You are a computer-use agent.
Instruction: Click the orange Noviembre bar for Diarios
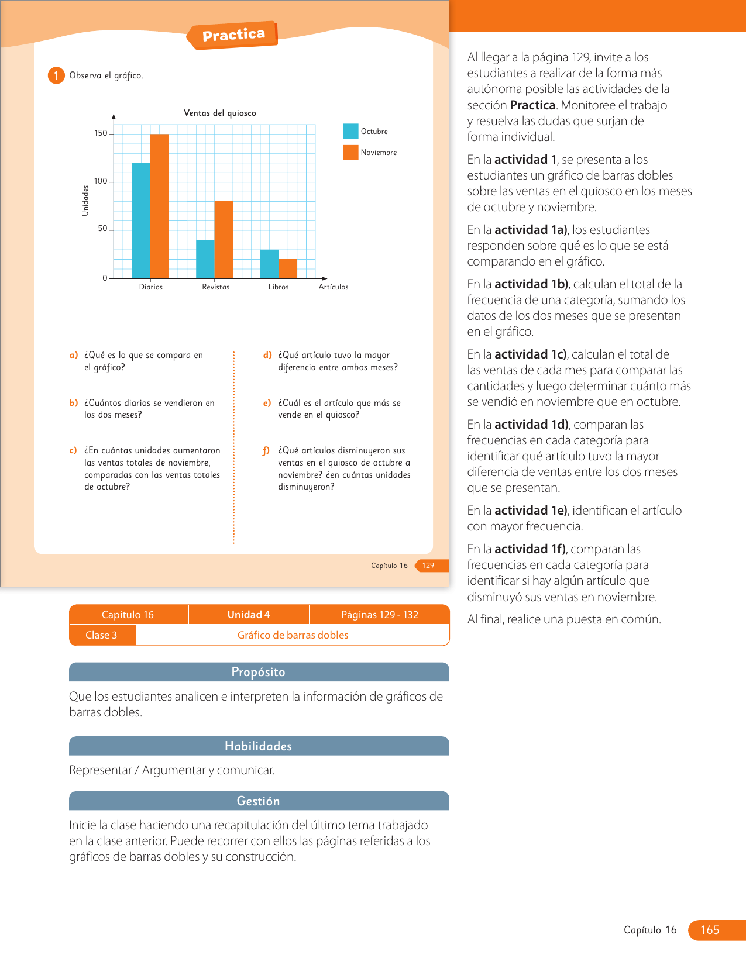[x=160, y=206]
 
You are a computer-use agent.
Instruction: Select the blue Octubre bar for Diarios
[x=141, y=220]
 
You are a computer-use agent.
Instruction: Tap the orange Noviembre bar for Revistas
[x=224, y=239]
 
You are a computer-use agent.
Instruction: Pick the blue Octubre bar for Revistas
[x=205, y=259]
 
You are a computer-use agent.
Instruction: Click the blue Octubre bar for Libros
[x=269, y=264]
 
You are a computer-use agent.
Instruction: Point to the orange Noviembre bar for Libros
[x=288, y=268]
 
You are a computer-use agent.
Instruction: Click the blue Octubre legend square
[x=350, y=131]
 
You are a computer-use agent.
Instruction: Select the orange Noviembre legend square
[x=350, y=152]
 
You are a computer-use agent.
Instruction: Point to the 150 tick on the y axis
[x=101, y=133]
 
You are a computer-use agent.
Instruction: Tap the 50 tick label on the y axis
[x=102, y=229]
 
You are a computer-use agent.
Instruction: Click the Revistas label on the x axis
[x=215, y=287]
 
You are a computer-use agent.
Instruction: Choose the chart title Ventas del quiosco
[x=220, y=113]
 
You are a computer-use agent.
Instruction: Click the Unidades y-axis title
[x=85, y=201]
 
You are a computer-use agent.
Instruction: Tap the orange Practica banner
[x=233, y=35]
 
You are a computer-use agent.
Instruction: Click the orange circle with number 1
[x=56, y=75]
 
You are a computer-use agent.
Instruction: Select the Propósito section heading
[x=259, y=672]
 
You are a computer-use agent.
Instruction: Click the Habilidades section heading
[x=259, y=746]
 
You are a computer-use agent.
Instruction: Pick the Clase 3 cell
[x=102, y=635]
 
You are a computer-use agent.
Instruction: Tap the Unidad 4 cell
[x=249, y=615]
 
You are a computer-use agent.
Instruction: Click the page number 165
[x=710, y=930]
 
